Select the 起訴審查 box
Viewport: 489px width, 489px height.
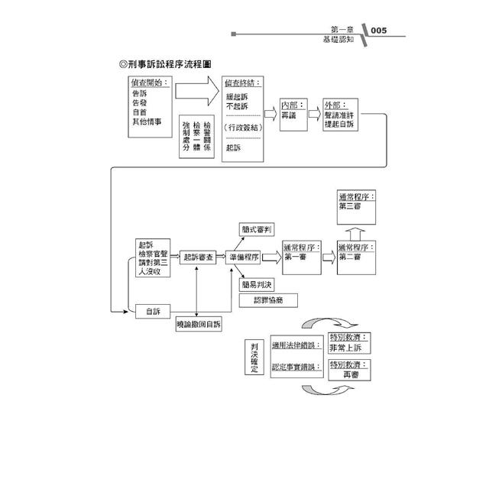click(x=198, y=258)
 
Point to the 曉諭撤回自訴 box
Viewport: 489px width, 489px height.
click(x=198, y=324)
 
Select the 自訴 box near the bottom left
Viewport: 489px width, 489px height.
click(x=153, y=311)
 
